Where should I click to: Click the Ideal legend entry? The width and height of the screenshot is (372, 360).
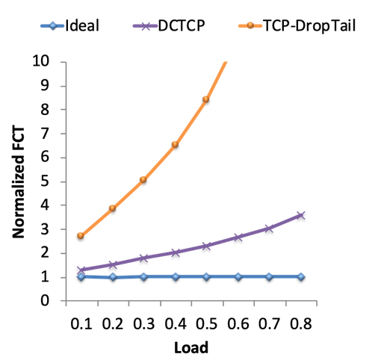(70, 25)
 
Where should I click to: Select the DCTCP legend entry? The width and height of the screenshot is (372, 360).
(169, 25)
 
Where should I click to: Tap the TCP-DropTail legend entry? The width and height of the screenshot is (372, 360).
(297, 25)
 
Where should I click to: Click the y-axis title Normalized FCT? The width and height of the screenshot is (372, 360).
(19, 182)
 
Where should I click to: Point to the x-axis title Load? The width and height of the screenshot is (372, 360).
(191, 347)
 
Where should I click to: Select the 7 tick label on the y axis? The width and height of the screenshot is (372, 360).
(45, 134)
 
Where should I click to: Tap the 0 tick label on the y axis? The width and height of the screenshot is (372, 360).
(45, 301)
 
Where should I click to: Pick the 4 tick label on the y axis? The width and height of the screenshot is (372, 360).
(45, 205)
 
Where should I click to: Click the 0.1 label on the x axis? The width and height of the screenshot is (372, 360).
(81, 324)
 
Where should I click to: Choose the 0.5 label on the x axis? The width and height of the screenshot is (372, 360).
(207, 324)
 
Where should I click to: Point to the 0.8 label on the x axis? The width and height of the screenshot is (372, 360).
(301, 324)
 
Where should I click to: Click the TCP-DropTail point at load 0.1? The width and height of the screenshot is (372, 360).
(81, 235)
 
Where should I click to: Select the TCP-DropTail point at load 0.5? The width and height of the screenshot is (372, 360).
(205, 99)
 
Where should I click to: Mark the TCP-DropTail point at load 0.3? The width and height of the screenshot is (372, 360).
(143, 179)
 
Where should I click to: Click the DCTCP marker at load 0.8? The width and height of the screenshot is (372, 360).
(301, 215)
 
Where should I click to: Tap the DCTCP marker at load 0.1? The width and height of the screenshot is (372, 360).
(81, 270)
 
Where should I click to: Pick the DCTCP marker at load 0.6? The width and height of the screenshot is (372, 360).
(238, 238)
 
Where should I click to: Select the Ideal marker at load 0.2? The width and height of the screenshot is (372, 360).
(113, 277)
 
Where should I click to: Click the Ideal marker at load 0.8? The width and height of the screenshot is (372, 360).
(301, 276)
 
